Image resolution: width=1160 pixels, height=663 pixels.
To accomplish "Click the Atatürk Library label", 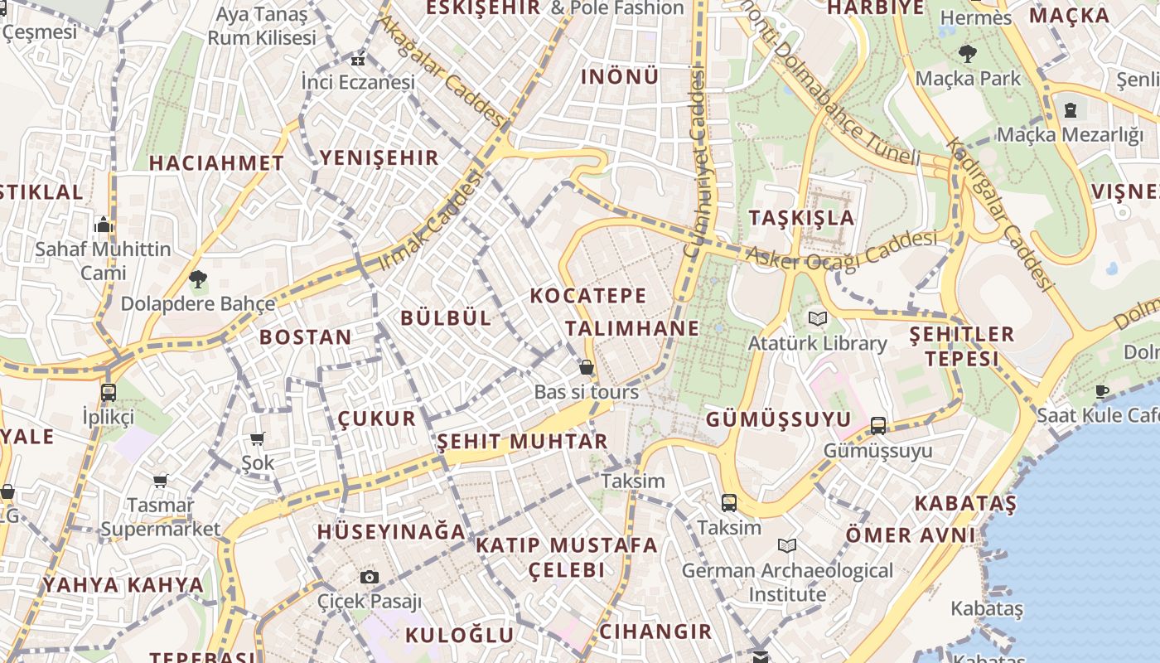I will pos(817,343).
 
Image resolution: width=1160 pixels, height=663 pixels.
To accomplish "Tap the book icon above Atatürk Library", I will pos(818,318).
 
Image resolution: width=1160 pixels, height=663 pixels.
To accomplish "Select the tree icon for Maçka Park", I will pos(967,55).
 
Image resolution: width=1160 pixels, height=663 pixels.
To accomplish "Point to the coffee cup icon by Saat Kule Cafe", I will pos(1101,391).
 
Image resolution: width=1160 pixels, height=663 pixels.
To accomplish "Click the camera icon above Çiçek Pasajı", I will pos(370,577).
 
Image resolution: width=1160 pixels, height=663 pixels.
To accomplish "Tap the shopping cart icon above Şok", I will pos(258,438).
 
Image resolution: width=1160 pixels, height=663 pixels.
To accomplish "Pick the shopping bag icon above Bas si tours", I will pos(587,367).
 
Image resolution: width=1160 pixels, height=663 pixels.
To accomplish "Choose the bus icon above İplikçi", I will pos(108,392).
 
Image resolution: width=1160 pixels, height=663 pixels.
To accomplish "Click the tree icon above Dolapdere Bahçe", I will pos(197,279).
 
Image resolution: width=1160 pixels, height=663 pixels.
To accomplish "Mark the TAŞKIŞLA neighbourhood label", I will pos(801,218).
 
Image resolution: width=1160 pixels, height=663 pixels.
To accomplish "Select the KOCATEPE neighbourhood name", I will pos(587,296).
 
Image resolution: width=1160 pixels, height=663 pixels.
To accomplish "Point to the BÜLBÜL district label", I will pos(446,318).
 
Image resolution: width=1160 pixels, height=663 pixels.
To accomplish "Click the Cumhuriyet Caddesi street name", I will pos(695,162).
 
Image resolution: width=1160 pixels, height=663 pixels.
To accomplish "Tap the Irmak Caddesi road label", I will pos(430,221).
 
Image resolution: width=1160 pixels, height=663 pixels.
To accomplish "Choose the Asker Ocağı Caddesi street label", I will pos(841,251).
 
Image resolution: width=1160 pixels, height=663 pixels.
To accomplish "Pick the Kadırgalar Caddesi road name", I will pos(1001,213).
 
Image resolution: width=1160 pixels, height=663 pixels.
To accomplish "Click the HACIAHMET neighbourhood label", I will pos(216,163).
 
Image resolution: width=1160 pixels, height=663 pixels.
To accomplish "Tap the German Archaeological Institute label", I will pos(787,583).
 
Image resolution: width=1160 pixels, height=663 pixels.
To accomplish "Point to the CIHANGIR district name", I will pos(655,632).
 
